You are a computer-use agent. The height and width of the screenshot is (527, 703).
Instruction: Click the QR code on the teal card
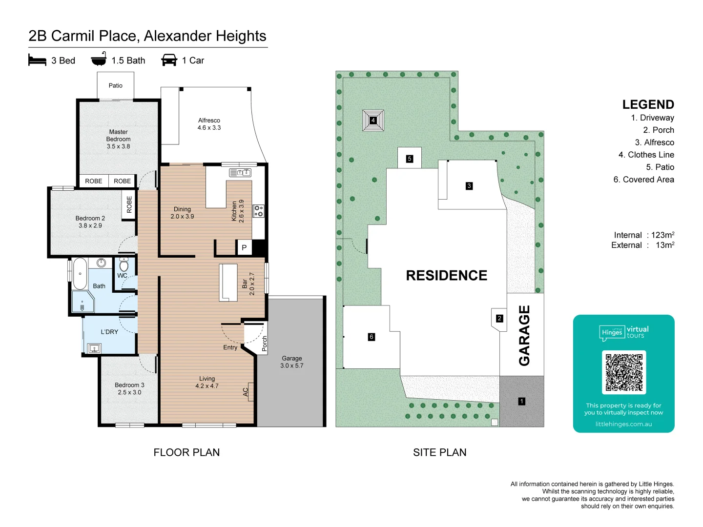[623, 372]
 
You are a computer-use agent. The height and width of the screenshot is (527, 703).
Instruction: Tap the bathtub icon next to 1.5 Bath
[99, 59]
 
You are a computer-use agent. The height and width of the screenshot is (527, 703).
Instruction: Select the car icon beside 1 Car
[169, 60]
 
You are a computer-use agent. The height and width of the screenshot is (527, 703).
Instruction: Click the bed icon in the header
[37, 60]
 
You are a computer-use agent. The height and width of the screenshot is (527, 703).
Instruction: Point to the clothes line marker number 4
[373, 121]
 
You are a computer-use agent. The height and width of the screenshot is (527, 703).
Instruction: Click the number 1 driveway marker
[522, 401]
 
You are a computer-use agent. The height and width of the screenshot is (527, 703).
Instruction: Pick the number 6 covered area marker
[371, 337]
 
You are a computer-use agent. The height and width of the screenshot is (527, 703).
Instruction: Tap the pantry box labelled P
[244, 247]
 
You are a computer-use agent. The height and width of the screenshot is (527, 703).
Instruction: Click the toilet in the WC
[124, 264]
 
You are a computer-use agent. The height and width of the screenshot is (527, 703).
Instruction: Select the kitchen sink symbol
[240, 173]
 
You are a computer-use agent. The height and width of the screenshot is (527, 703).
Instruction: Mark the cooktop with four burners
[258, 211]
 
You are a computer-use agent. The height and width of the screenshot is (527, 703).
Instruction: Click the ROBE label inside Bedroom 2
[129, 204]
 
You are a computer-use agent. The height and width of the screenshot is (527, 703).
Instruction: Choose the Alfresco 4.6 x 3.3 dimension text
[209, 128]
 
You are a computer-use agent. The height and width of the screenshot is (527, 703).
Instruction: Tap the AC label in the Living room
[246, 392]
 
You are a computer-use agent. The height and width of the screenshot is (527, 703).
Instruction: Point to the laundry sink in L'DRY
[94, 348]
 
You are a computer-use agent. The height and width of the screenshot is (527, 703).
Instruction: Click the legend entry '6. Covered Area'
[643, 180]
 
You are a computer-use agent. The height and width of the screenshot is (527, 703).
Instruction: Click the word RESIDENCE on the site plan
[447, 275]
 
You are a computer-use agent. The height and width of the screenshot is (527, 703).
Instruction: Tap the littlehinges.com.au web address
[623, 424]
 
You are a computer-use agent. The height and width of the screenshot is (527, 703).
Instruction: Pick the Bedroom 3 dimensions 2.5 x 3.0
[129, 392]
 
